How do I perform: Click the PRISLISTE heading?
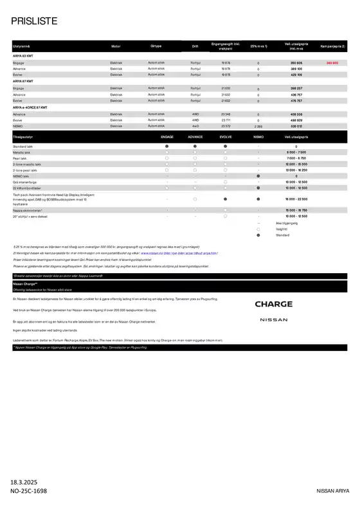(x=35, y=22)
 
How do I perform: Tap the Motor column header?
(x=116, y=47)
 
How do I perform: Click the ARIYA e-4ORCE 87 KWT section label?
(x=31, y=107)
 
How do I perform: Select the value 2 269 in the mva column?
(x=258, y=126)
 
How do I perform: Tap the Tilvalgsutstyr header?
(x=23, y=137)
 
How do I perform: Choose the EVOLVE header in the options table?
(x=225, y=137)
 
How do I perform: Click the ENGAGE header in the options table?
(x=167, y=137)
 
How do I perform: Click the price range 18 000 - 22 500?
(x=296, y=200)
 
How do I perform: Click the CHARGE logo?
(x=273, y=304)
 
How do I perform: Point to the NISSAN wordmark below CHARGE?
(x=273, y=319)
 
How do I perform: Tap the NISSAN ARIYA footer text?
(x=335, y=490)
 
